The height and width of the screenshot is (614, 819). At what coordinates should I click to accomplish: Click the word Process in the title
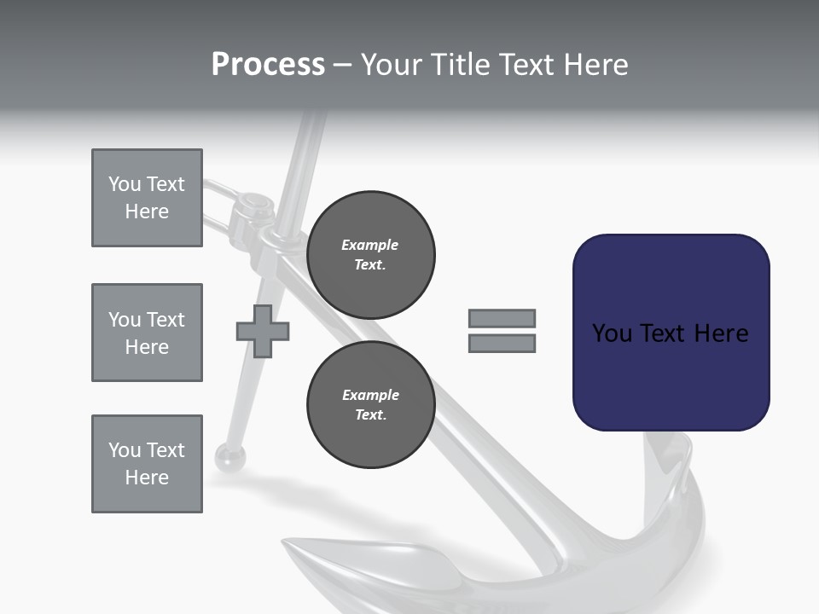(x=268, y=65)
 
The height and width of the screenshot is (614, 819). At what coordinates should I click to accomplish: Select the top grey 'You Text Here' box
(x=147, y=198)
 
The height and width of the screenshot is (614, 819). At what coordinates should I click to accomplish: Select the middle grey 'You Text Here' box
(x=147, y=333)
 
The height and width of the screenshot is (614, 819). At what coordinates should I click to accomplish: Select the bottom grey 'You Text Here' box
(x=147, y=464)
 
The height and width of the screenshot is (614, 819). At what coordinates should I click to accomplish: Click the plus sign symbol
(x=263, y=331)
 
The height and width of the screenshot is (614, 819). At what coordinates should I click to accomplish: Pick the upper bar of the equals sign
(x=502, y=318)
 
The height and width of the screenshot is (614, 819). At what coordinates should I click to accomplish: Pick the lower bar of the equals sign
(x=502, y=343)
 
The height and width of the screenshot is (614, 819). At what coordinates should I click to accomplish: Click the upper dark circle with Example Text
(x=370, y=254)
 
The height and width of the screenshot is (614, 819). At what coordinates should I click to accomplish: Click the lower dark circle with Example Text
(x=370, y=404)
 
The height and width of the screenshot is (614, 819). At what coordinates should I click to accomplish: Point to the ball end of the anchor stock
(x=229, y=457)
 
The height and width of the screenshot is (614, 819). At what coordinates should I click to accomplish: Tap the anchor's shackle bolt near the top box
(x=251, y=203)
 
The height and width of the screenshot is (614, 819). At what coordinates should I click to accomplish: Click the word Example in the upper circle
(x=370, y=245)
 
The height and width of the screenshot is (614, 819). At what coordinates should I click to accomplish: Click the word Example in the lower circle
(x=370, y=395)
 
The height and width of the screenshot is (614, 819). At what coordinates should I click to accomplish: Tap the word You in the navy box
(x=612, y=333)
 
